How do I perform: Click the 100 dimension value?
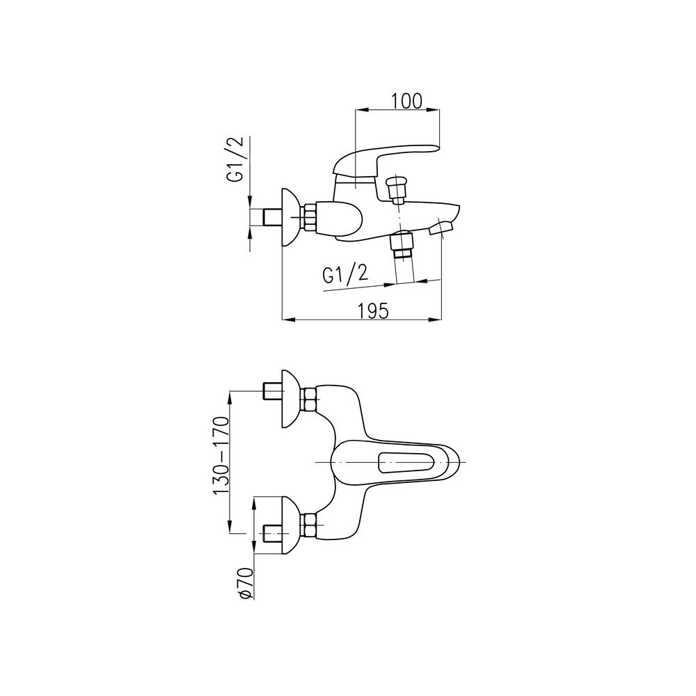click(x=406, y=101)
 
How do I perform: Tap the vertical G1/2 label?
click(x=235, y=159)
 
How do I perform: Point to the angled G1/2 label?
click(x=346, y=275)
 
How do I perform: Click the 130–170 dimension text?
click(x=221, y=456)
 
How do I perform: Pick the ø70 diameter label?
click(x=246, y=584)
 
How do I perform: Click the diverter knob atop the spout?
click(x=396, y=188)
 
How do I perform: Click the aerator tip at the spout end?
click(x=441, y=228)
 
